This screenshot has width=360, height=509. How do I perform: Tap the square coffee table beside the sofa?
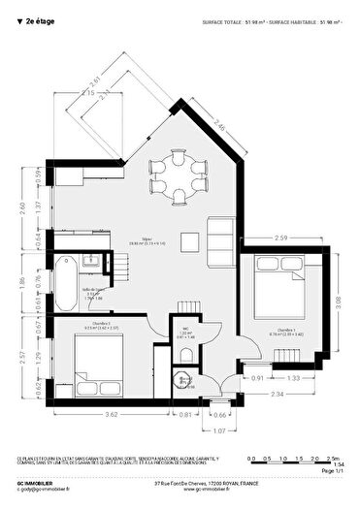tap(193, 239)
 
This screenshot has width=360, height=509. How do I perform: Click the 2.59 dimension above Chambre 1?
tap(281, 238)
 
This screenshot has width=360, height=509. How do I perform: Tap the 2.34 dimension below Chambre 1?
tap(278, 395)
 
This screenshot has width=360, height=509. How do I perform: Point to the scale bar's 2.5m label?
tap(333, 457)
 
